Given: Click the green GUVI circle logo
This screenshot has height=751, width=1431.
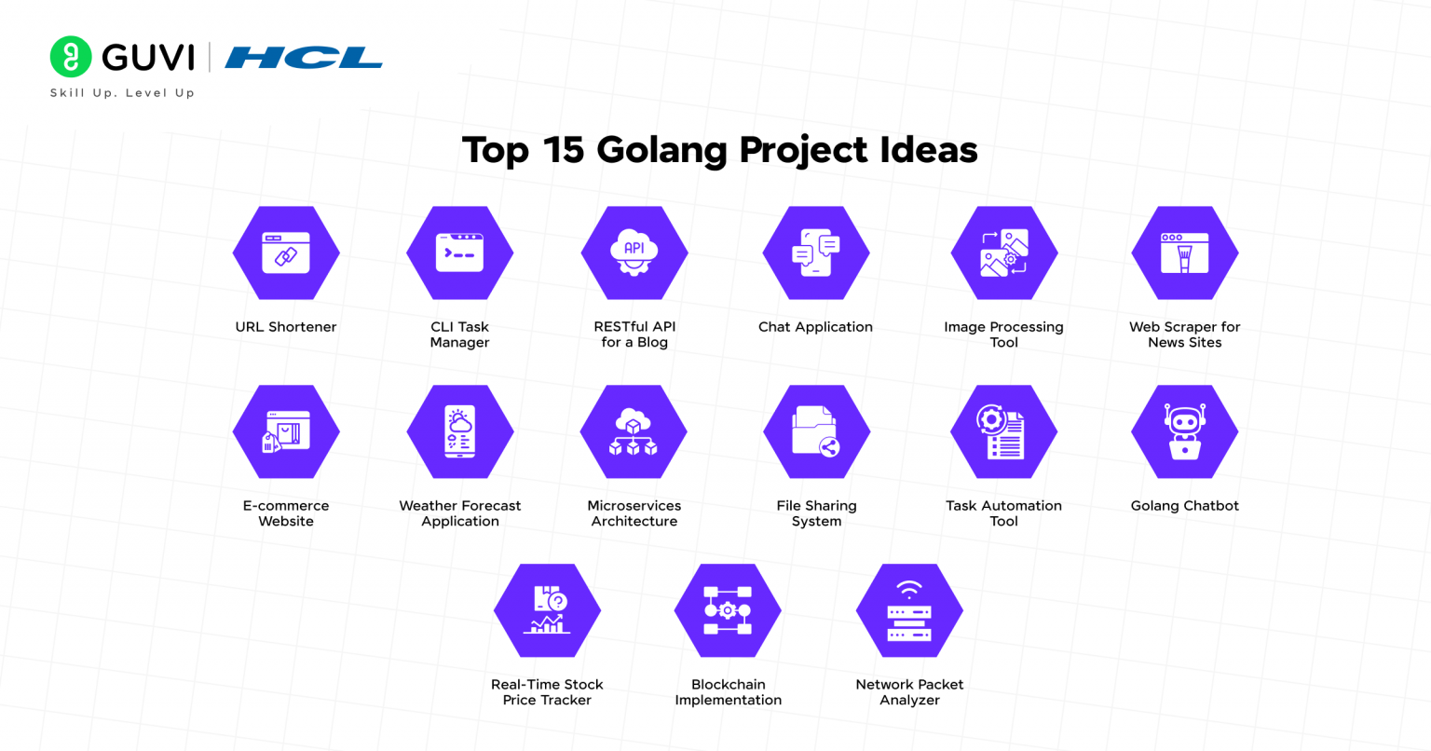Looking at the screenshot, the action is point(71,57).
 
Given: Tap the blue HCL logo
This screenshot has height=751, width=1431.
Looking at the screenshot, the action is point(304,58).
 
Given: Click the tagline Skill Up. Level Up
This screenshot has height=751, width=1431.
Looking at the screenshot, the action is point(122,92).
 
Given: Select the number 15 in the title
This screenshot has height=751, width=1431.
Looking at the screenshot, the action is point(564,150).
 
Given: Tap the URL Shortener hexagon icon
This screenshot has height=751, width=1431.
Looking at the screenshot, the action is point(286,253).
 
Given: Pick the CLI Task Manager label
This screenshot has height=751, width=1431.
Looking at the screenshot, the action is point(459,335).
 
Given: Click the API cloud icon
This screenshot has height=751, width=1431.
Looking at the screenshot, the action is point(634,252).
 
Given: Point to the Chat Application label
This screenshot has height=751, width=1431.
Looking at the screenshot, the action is point(815,327).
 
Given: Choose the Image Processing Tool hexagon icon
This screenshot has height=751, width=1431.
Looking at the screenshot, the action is point(1003,253).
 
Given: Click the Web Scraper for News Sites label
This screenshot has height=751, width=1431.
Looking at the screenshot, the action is point(1184,335).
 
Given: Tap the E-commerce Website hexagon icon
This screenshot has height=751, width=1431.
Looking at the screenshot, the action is point(286,431).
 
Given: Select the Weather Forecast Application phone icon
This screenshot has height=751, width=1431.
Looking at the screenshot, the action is point(460,431).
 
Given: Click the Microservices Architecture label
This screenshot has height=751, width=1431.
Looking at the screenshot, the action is point(634,513).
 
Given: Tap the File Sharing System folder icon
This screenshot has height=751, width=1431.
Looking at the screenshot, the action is point(816,431).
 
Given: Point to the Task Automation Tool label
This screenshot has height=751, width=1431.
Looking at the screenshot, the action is point(1003,513).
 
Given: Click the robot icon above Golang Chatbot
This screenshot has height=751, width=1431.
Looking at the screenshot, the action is point(1184,431).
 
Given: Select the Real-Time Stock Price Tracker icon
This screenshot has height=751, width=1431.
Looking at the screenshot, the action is point(547,609).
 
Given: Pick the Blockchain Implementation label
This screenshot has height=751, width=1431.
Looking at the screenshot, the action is point(729,692).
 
